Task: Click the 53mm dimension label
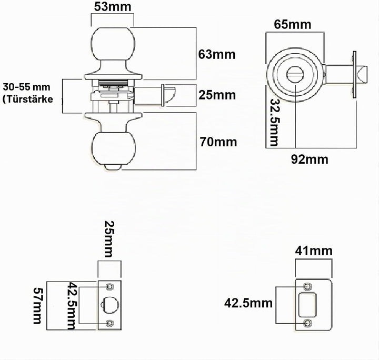pos(113,7)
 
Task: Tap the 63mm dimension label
pos(217,54)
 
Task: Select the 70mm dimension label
pos(218,142)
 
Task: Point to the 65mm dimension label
pos(293,24)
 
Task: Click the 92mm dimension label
pos(310,159)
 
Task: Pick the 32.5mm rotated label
pos(274,122)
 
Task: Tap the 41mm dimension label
pos(314,251)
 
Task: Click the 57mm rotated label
pos(37,305)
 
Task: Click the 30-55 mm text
pos(26,87)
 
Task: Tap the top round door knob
pos(113,45)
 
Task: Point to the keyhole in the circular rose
pos(295,75)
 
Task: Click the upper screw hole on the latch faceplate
pos(109,286)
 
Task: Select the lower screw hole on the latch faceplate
pos(109,323)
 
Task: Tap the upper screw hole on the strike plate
pos(307,286)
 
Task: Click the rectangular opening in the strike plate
pos(307,304)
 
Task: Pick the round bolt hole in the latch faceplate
pos(109,305)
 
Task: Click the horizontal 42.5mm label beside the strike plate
pos(248,303)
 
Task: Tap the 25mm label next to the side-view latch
pos(217,95)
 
